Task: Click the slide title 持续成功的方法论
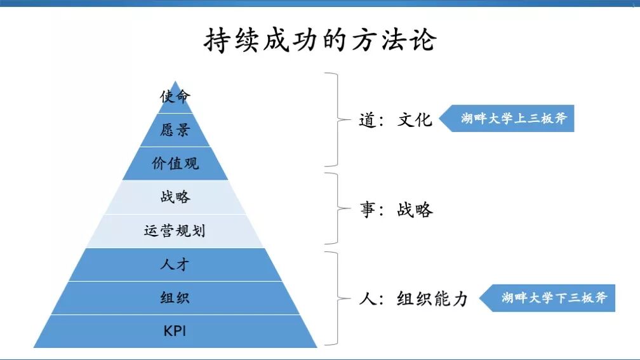[x=320, y=39]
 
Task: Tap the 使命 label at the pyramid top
[x=175, y=97]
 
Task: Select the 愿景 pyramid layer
[x=175, y=130]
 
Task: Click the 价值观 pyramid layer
[x=175, y=163]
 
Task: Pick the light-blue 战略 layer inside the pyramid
[x=175, y=197]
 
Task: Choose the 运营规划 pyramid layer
[x=175, y=230]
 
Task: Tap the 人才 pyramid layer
[x=175, y=264]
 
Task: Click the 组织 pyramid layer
[x=175, y=298]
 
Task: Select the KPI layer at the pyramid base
[x=175, y=331]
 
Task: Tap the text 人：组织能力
[x=413, y=298]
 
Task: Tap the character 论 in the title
[x=422, y=39]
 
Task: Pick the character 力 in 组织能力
[x=459, y=298]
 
